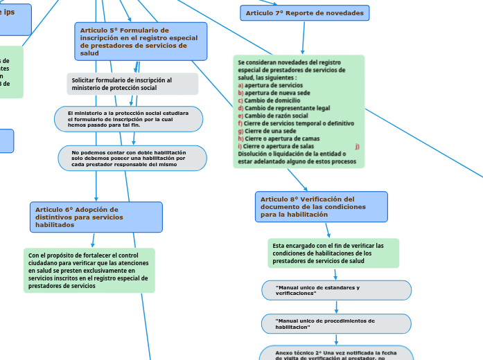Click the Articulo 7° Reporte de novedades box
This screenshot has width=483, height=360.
click(305, 13)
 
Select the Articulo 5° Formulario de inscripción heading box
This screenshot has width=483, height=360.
click(141, 42)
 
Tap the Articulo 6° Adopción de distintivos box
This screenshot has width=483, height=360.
click(96, 217)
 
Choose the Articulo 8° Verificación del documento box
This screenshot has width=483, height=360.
click(321, 206)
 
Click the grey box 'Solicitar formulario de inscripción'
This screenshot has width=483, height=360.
click(132, 84)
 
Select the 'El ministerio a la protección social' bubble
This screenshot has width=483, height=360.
click(129, 119)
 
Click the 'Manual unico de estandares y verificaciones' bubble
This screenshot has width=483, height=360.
click(336, 290)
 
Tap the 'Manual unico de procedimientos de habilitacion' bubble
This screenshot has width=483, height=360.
click(336, 323)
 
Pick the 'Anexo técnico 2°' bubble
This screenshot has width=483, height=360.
click(336, 354)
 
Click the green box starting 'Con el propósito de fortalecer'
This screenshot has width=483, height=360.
click(89, 271)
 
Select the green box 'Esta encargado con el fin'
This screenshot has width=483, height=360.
click(333, 253)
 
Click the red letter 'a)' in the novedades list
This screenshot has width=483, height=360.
click(240, 85)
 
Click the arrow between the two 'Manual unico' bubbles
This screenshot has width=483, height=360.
click(336, 307)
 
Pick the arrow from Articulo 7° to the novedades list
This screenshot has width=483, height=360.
click(302, 39)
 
